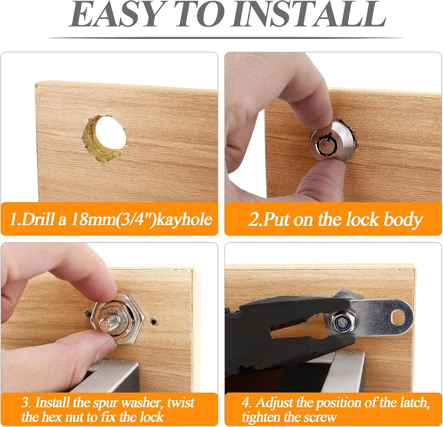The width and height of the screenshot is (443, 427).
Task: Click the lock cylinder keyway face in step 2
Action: [325, 143]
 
